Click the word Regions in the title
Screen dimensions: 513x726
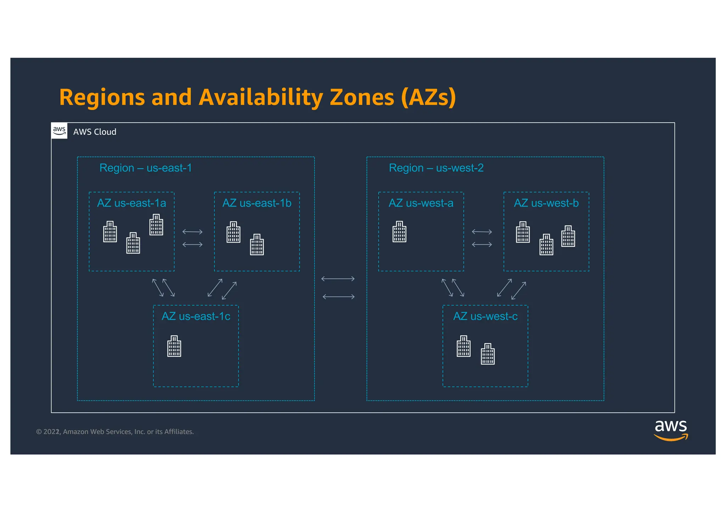(x=102, y=97)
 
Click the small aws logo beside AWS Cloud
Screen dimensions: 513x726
(x=59, y=131)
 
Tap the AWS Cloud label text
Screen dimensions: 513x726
(x=95, y=132)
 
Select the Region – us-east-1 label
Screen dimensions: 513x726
(x=145, y=168)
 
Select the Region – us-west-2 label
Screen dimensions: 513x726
(x=436, y=168)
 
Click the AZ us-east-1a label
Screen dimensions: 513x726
(x=132, y=203)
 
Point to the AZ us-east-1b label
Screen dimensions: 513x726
(x=257, y=203)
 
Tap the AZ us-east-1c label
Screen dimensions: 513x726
(x=196, y=316)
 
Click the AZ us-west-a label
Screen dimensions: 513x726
(x=421, y=203)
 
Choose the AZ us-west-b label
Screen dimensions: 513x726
(x=546, y=203)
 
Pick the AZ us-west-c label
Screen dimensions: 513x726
(x=485, y=316)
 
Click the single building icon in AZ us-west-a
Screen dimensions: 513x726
(x=400, y=232)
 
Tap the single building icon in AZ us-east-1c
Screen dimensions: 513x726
(x=174, y=346)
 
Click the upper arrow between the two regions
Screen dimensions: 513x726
(x=338, y=279)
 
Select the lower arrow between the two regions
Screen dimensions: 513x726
(x=339, y=297)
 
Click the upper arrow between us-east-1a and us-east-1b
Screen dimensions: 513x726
(x=192, y=232)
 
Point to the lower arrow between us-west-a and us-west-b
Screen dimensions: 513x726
(x=482, y=245)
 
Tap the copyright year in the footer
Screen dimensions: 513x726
(x=51, y=432)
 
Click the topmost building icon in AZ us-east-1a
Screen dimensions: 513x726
(x=156, y=225)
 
